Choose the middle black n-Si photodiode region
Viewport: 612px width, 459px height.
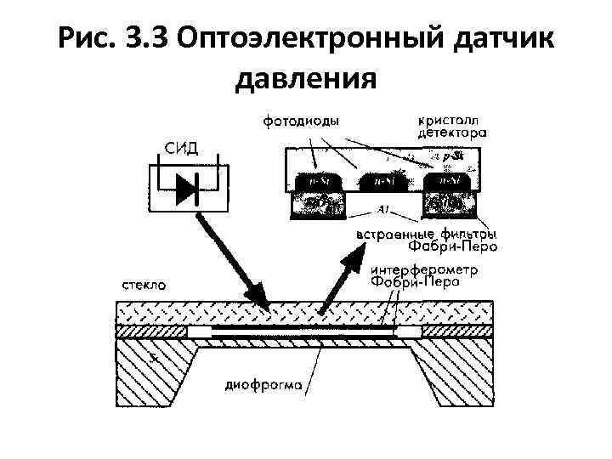379,182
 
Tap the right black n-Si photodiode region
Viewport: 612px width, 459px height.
446,182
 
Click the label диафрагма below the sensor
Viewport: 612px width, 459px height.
263,383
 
